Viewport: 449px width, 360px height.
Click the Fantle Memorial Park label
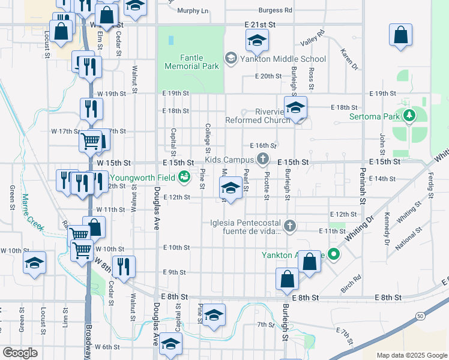point(191,62)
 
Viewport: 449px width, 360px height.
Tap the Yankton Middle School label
point(283,59)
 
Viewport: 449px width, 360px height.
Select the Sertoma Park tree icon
point(410,115)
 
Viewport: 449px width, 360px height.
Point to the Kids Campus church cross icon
point(262,159)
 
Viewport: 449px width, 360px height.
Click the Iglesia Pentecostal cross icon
point(290,226)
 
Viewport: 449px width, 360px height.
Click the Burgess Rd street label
point(275,10)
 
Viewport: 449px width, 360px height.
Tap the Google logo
point(20,353)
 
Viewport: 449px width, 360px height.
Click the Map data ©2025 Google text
point(411,355)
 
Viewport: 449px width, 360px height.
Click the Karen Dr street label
point(349,59)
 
